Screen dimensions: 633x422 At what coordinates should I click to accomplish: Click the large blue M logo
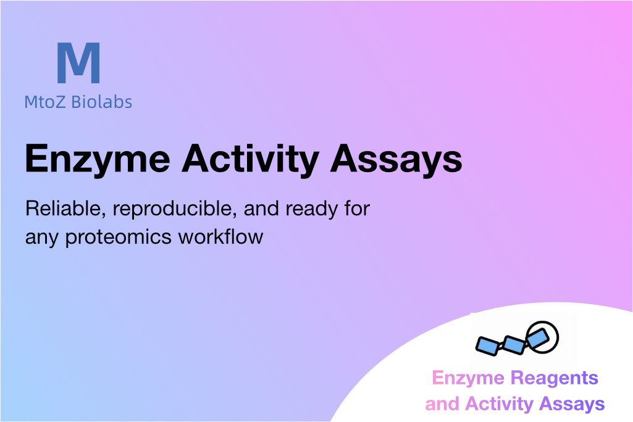pos(78,62)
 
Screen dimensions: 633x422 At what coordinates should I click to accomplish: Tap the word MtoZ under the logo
pos(45,102)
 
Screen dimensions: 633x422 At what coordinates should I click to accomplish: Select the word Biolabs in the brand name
pos(102,102)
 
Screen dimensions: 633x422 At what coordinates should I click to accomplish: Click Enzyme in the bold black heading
pos(98,160)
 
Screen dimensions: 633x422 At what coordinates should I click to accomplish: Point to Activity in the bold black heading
pos(251,160)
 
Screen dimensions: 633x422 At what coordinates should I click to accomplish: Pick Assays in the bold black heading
pos(396,160)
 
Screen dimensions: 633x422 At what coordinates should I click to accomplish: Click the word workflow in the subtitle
pos(221,236)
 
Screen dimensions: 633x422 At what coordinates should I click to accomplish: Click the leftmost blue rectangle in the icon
pos(488,346)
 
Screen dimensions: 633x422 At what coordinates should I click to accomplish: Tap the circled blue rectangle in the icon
pos(538,338)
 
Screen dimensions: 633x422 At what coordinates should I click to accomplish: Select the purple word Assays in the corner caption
pos(572,405)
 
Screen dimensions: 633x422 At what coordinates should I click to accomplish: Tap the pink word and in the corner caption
pos(442,404)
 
